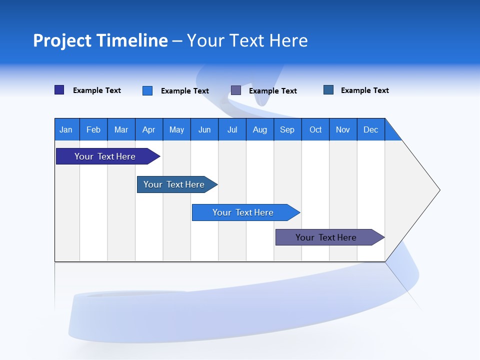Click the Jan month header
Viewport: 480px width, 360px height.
66,129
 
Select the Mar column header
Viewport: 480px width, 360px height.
121,129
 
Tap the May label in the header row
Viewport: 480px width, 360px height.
176,129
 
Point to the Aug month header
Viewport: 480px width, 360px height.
259,129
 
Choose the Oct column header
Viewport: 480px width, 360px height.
315,129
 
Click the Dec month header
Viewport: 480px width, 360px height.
370,129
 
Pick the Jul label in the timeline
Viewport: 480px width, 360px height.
232,129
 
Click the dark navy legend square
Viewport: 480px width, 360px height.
59,90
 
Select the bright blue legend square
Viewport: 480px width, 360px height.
147,90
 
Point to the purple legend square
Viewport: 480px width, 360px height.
236,90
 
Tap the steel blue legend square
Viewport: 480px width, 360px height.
328,90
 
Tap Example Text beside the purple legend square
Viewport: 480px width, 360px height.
272,91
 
